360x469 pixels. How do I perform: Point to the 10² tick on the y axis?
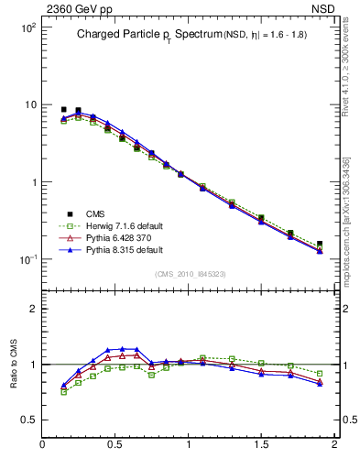tap(27, 27)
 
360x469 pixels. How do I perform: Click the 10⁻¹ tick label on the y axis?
tap(27, 259)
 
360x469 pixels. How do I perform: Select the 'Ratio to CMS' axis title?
tap(14, 364)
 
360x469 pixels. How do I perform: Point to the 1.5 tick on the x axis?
tap(261, 444)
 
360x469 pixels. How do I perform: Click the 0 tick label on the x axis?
tap(42, 444)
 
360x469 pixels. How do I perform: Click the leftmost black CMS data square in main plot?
tap(63, 109)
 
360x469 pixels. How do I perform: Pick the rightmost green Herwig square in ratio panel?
tap(320, 374)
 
